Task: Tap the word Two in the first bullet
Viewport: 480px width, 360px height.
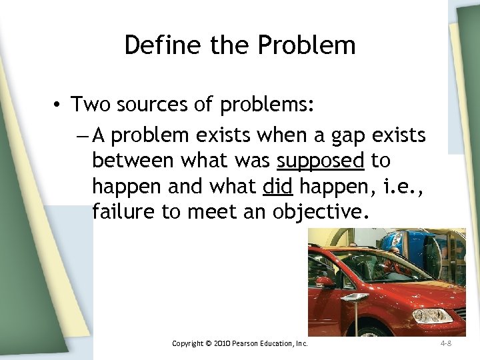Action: click(91, 105)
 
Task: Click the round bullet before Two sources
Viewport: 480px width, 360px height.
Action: click(59, 105)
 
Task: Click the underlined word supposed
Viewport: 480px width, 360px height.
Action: click(321, 161)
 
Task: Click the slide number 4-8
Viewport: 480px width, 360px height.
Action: click(446, 343)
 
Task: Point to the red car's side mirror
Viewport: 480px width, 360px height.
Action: click(325, 281)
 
